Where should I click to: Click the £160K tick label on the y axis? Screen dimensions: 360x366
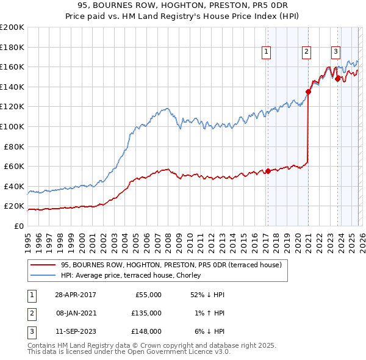[x=12, y=67]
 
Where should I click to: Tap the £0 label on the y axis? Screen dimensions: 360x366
[x=18, y=226]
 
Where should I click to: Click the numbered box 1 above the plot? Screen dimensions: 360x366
[x=267, y=52]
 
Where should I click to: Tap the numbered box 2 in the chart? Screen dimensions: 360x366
[x=306, y=52]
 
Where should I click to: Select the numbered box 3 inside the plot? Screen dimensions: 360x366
[x=335, y=52]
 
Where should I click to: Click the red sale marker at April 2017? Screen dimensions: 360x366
[x=268, y=171]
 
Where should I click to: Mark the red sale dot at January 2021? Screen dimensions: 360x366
[x=308, y=92]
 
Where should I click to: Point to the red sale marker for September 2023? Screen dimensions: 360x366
[x=337, y=79]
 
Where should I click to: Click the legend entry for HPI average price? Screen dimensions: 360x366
[x=134, y=275]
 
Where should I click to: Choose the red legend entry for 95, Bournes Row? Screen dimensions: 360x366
[x=171, y=265]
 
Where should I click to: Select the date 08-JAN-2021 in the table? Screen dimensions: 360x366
[x=75, y=313]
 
